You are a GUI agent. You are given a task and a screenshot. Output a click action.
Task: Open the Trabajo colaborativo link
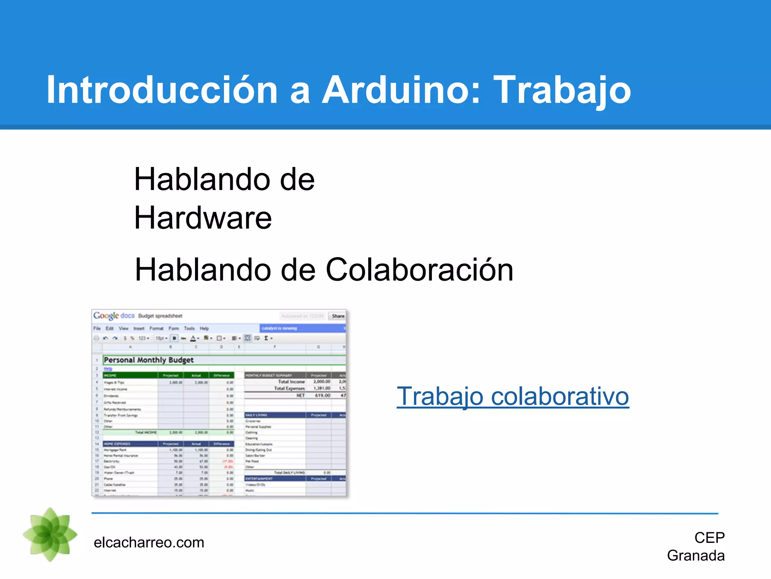(x=512, y=397)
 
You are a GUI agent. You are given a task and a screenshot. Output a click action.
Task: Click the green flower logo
(x=50, y=535)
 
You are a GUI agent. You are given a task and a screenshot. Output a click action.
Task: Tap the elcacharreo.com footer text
(x=149, y=542)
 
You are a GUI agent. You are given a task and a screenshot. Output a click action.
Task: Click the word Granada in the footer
(x=695, y=556)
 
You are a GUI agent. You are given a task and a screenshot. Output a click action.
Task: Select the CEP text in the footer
(x=709, y=538)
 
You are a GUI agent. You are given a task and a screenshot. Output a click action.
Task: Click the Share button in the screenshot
(x=338, y=316)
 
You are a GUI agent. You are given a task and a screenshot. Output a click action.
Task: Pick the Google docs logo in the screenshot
(x=114, y=316)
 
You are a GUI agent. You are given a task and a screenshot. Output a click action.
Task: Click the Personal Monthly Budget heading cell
(x=149, y=360)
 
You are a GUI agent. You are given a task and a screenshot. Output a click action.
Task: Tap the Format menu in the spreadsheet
(x=156, y=328)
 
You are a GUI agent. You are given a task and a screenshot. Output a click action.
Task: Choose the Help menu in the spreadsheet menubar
(x=204, y=328)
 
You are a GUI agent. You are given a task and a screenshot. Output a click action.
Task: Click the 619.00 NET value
(x=322, y=395)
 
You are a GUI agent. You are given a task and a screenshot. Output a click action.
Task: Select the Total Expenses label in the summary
(x=289, y=388)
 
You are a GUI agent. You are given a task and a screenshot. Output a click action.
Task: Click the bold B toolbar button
(x=174, y=338)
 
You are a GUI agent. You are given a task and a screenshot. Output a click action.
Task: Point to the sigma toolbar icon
(x=266, y=338)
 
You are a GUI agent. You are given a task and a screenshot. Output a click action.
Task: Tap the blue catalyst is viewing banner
(x=301, y=328)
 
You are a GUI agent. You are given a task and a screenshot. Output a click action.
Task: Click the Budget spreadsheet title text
(x=160, y=316)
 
